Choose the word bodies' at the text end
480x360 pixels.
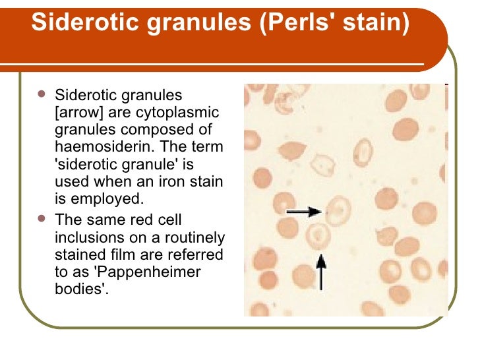81,289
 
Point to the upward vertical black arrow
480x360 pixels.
321,272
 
